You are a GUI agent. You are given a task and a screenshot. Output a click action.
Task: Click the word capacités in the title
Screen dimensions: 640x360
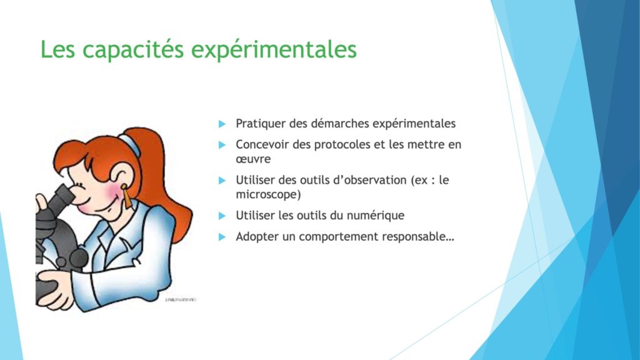(x=133, y=50)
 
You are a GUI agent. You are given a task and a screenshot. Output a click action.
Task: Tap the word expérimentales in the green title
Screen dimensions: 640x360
(x=274, y=50)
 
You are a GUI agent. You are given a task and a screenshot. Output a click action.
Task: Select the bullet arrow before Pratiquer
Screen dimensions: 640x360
(x=222, y=124)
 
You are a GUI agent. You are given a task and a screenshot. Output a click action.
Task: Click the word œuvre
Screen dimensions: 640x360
(x=253, y=159)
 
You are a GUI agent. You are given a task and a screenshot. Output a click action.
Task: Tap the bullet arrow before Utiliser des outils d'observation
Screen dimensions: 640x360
(x=222, y=181)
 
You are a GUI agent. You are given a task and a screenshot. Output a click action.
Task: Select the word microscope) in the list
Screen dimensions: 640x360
(x=268, y=195)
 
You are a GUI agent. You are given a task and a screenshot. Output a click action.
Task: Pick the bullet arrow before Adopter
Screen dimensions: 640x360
(x=222, y=237)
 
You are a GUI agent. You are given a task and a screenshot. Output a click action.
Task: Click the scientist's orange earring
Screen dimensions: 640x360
(x=126, y=196)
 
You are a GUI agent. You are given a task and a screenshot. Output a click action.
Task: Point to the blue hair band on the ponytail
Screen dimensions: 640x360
(x=130, y=145)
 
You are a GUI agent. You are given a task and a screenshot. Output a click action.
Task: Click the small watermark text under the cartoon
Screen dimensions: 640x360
(x=181, y=300)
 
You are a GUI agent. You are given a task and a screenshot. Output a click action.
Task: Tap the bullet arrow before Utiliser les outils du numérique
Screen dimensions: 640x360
(x=222, y=216)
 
